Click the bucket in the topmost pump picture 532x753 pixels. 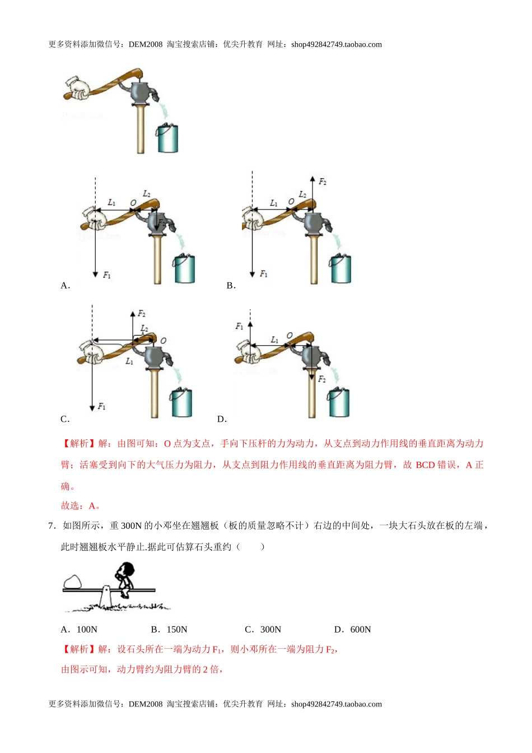[x=167, y=138]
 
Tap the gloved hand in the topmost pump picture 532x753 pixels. [x=78, y=89]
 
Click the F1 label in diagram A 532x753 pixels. [x=107, y=275]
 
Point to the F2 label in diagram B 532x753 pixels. [x=323, y=182]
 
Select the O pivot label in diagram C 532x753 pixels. [x=163, y=341]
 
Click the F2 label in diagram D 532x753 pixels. [x=322, y=379]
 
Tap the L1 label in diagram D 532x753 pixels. [x=274, y=340]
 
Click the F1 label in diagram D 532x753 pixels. [x=240, y=326]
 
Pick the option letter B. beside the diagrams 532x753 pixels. [x=231, y=286]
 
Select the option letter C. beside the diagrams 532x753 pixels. [x=65, y=419]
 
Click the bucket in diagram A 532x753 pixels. [x=184, y=269]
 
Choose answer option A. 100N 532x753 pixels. [x=79, y=630]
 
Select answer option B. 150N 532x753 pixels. [x=169, y=630]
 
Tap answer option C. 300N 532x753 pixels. [x=263, y=630]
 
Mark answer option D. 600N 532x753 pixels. [x=352, y=630]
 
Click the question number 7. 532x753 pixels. [x=52, y=526]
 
